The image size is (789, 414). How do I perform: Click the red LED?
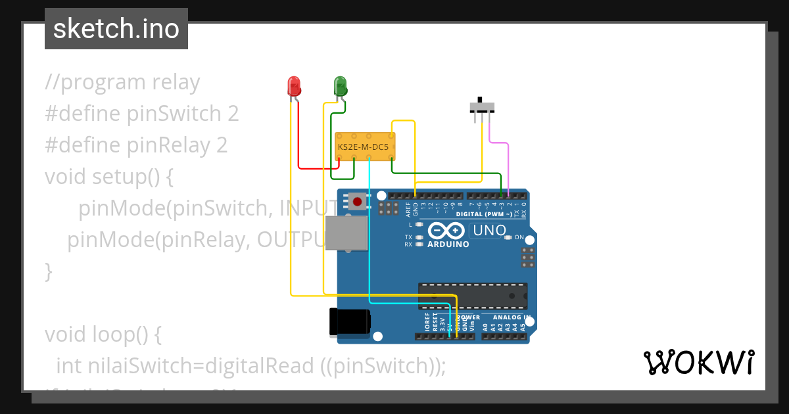click(294, 86)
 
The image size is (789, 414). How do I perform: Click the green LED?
click(340, 85)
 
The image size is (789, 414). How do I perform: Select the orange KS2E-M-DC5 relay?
click(364, 147)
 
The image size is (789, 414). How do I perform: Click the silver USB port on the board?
click(347, 234)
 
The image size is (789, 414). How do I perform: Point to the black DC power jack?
click(349, 323)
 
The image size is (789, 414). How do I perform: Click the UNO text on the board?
click(490, 231)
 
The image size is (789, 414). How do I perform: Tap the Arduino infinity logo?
click(447, 231)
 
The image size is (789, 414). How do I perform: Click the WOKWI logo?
click(698, 362)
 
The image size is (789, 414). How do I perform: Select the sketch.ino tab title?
click(116, 29)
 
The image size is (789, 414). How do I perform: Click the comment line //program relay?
click(122, 83)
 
